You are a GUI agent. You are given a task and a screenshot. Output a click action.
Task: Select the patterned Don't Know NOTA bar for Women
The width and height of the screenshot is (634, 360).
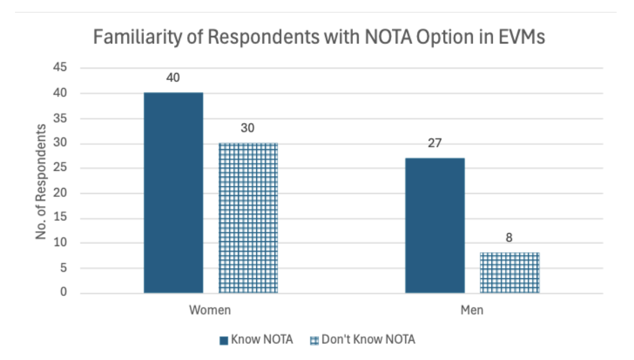tap(248, 218)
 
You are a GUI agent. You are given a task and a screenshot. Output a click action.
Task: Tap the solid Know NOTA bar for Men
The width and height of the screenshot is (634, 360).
tap(435, 225)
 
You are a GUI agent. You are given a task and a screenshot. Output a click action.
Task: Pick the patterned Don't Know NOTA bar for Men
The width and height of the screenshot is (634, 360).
tap(509, 272)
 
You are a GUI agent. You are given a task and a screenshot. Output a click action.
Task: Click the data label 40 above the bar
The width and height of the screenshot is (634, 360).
tap(173, 77)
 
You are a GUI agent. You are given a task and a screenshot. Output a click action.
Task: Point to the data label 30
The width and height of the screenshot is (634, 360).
tap(248, 128)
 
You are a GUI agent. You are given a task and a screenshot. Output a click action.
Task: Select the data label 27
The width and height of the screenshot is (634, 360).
tap(435, 143)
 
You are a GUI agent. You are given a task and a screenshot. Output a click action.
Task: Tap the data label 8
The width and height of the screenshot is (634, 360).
tap(509, 238)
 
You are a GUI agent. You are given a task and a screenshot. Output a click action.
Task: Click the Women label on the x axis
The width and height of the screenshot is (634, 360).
tap(210, 311)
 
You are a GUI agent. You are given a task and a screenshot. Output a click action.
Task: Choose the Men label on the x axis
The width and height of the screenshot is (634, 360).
tap(471, 311)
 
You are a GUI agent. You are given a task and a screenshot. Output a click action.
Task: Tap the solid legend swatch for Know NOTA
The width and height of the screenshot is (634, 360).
tap(224, 340)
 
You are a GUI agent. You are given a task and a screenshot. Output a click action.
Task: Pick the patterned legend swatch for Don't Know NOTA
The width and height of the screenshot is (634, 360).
tap(314, 340)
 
